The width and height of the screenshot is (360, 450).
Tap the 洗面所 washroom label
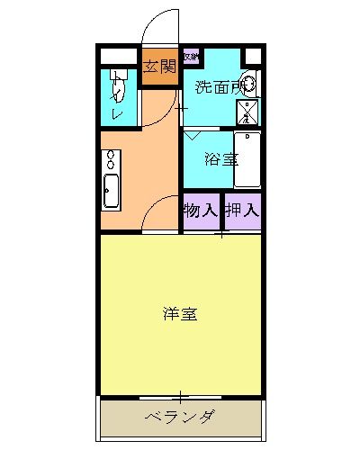pyautogui.click(x=219, y=87)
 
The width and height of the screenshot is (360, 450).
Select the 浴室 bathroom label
pyautogui.click(x=220, y=159)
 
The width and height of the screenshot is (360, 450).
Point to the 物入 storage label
pyautogui.click(x=201, y=211)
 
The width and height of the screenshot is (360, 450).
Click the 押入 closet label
pyautogui.click(x=242, y=211)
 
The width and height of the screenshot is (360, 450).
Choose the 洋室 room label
pyautogui.click(x=180, y=314)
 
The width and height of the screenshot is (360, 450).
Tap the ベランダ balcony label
pyautogui.click(x=180, y=416)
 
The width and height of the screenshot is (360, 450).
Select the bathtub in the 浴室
pyautogui.click(x=247, y=159)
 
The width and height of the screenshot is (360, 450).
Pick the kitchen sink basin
pyautogui.click(x=112, y=192)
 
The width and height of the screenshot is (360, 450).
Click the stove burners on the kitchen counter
pyautogui.click(x=112, y=160)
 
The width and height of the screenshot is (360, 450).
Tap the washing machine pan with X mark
pyautogui.click(x=247, y=111)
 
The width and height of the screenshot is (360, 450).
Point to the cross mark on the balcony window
pyautogui.click(x=180, y=396)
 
